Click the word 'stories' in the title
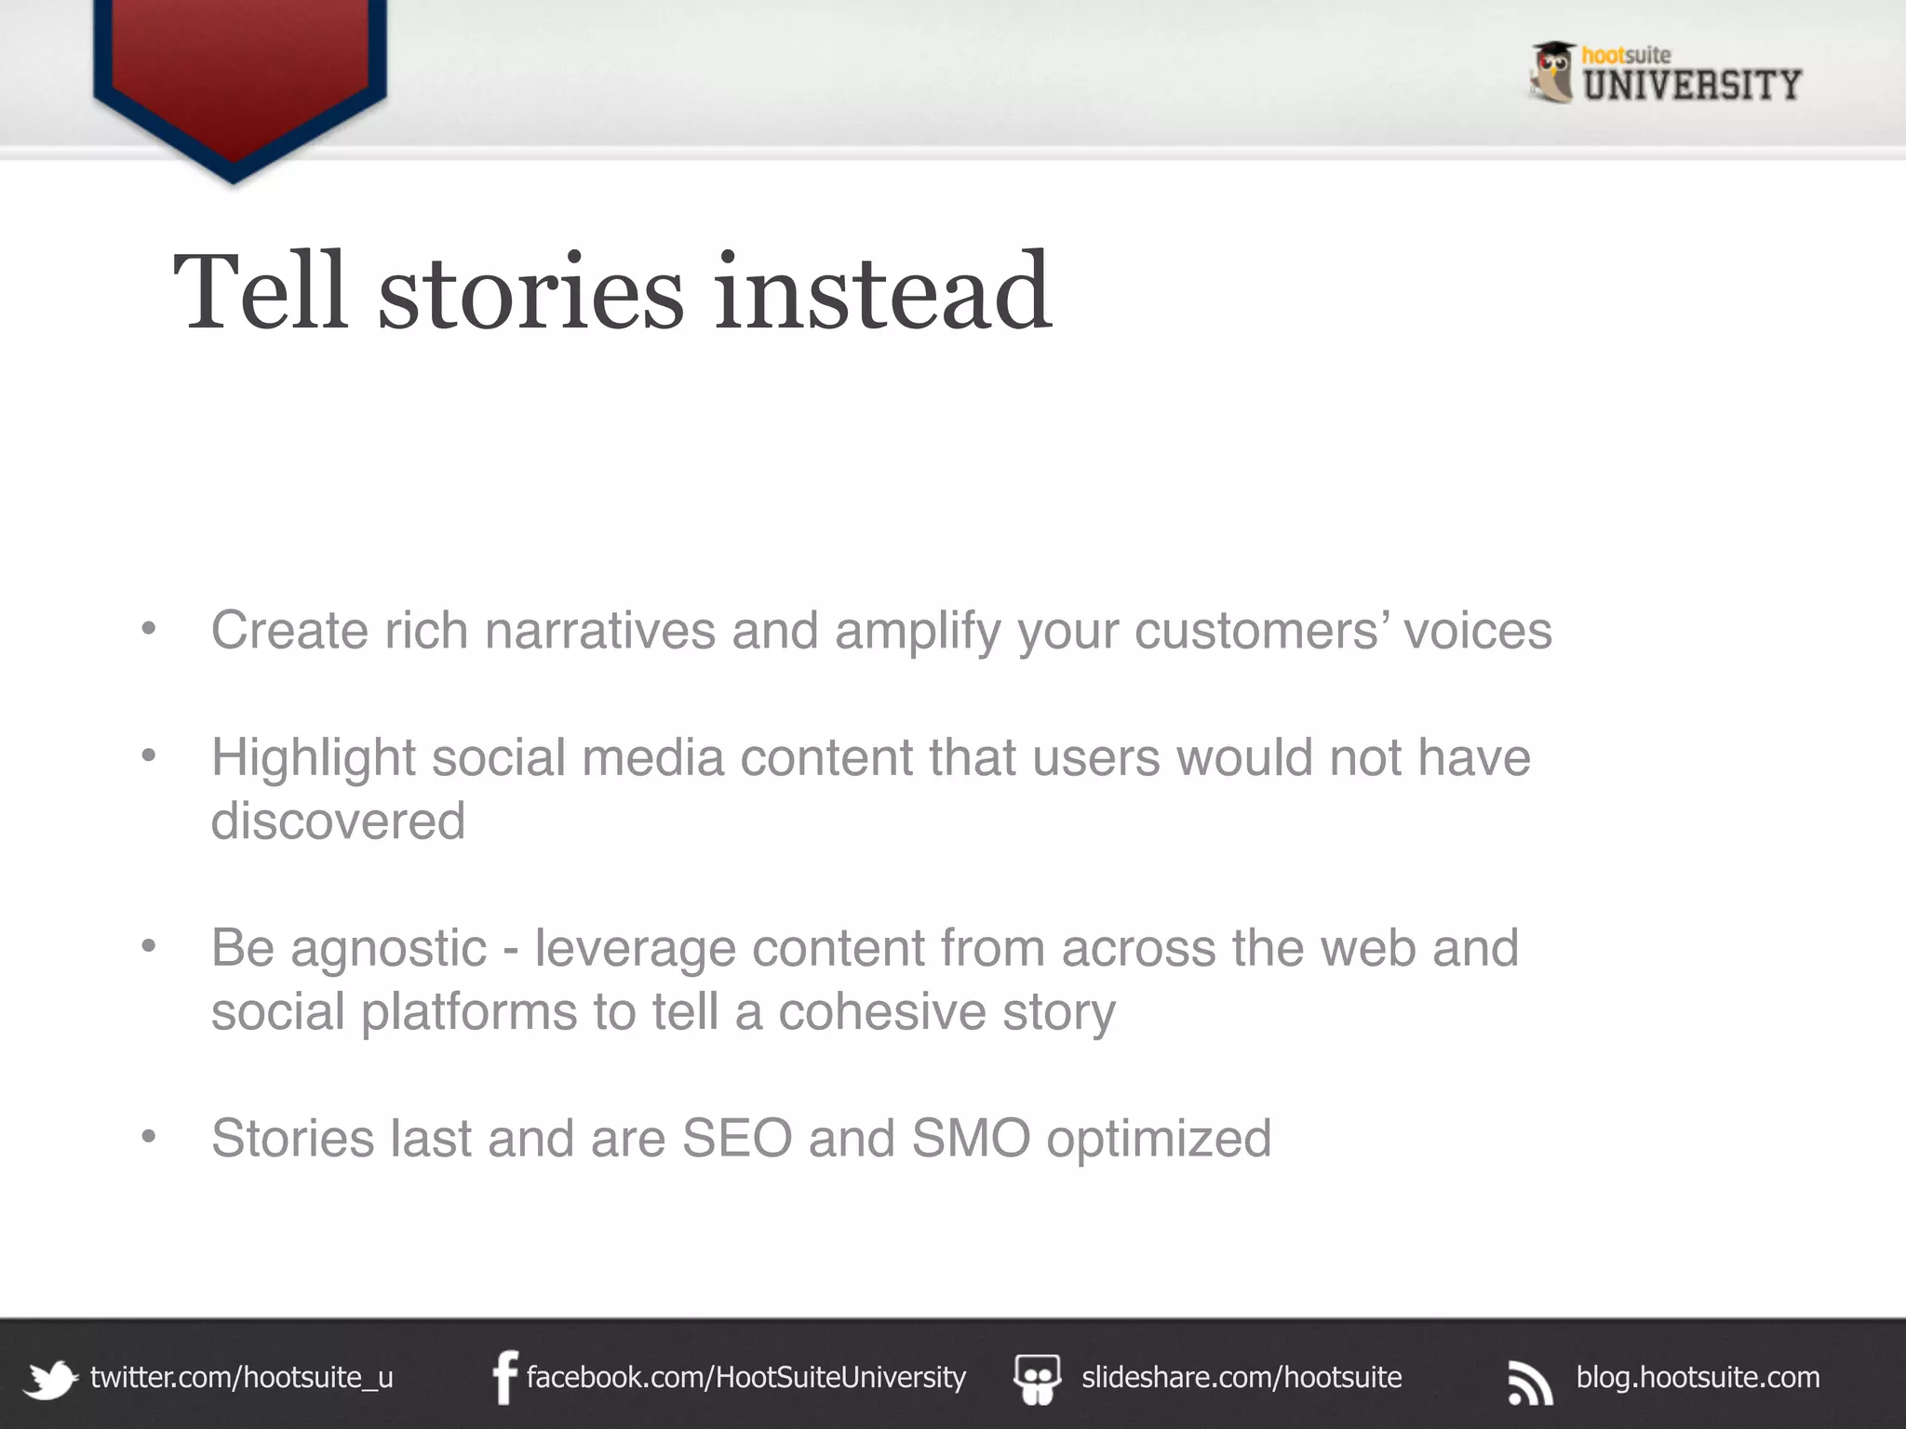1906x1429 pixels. click(x=530, y=293)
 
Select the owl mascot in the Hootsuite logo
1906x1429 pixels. click(x=1551, y=72)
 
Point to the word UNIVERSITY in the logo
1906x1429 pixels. click(x=1692, y=86)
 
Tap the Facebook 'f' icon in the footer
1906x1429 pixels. click(x=504, y=1377)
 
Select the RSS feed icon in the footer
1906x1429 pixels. click(x=1530, y=1382)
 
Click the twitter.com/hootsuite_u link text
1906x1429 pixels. click(x=241, y=1377)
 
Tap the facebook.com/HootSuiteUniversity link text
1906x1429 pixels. click(x=745, y=1377)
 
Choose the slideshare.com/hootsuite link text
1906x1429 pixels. click(x=1242, y=1377)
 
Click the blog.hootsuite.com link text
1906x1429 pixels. click(x=1698, y=1377)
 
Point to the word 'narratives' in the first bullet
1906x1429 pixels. click(x=599, y=631)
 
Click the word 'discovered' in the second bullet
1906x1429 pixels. click(x=338, y=821)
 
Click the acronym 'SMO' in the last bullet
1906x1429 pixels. click(x=971, y=1138)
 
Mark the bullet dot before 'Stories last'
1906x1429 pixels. click(x=148, y=1136)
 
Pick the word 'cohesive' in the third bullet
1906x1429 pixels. click(x=881, y=1012)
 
